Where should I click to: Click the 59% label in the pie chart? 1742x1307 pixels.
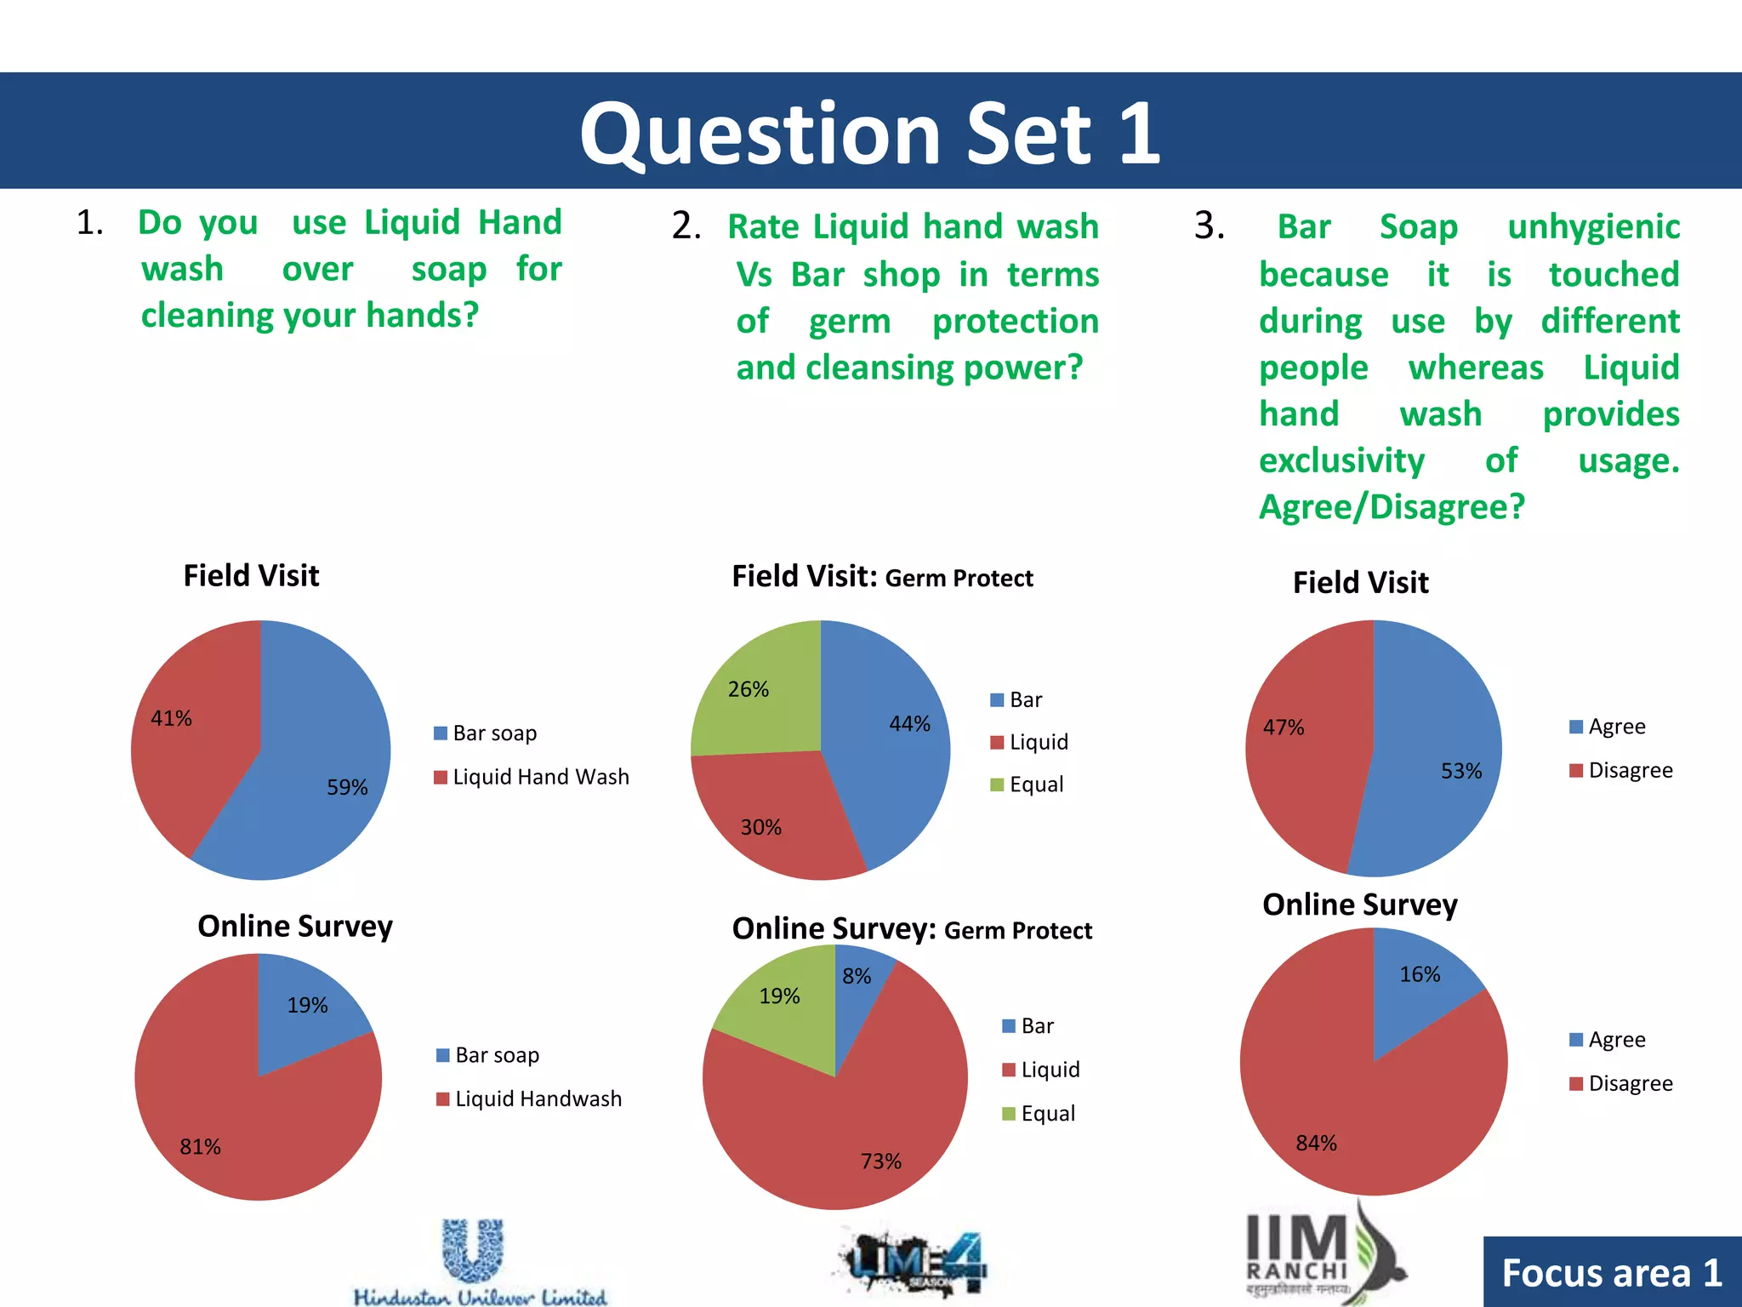pos(347,787)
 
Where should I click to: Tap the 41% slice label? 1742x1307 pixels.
pos(171,718)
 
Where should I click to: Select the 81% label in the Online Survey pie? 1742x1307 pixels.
pos(200,1146)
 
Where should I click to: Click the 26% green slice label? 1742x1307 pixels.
pos(748,688)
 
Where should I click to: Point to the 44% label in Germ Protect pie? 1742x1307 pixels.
pos(909,723)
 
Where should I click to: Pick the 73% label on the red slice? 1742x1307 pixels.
pos(880,1161)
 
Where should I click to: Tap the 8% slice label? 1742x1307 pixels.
pos(857,976)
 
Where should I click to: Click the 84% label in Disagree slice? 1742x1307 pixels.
pos(1316,1143)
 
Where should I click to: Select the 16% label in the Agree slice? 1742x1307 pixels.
pos(1420,974)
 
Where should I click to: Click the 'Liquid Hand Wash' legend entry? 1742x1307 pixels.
pos(540,777)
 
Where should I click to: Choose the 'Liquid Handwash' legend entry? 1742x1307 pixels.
pos(538,1099)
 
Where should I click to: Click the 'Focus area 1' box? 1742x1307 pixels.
pos(1611,1273)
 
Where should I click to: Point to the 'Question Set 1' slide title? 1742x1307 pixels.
pos(870,134)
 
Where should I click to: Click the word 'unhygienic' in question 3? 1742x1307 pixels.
pos(1593,226)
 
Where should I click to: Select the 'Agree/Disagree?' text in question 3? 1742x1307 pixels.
pos(1392,507)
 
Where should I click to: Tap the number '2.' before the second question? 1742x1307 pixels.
pos(686,226)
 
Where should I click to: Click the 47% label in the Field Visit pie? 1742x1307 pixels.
pos(1283,728)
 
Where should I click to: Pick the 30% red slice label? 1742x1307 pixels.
pos(760,827)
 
